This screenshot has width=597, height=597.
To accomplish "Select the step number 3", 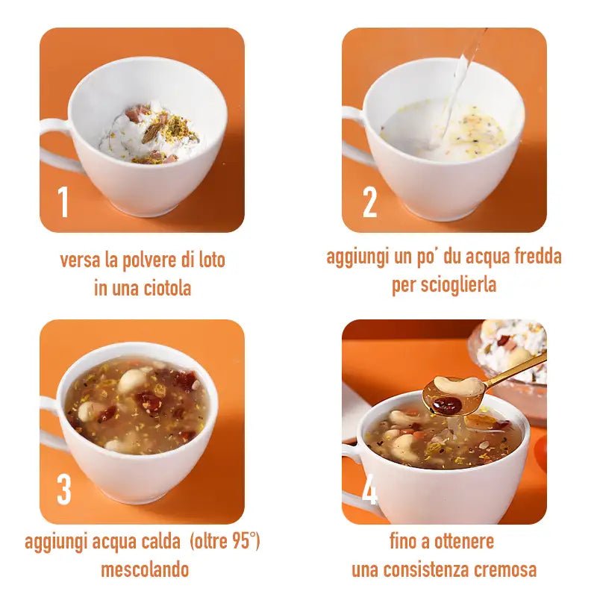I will tap(64, 490).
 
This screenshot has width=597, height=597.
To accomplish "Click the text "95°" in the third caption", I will tap(238, 542).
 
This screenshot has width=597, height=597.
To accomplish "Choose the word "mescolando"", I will tap(145, 570).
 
